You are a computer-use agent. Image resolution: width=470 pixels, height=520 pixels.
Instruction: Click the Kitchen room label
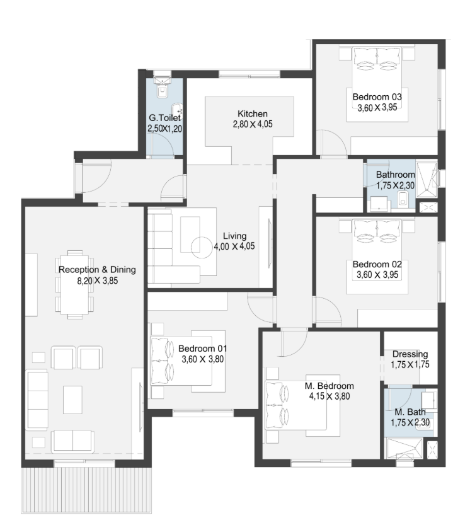click(x=253, y=113)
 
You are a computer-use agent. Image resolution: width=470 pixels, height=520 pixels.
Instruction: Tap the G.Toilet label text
click(x=164, y=118)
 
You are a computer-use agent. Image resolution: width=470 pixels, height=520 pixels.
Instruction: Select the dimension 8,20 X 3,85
click(x=98, y=281)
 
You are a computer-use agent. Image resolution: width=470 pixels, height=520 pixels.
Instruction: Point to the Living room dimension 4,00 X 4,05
click(x=234, y=246)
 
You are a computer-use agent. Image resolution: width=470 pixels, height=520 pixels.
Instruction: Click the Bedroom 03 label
click(x=377, y=97)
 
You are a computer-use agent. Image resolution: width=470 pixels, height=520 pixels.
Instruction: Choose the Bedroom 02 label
click(x=377, y=264)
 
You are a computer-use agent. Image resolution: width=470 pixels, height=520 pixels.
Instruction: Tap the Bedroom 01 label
click(x=202, y=349)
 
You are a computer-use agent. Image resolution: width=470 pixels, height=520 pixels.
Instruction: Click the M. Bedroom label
click(x=329, y=386)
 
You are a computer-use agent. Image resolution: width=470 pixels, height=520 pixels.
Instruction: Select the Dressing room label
click(x=410, y=354)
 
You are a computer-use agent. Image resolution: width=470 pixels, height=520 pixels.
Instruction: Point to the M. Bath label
click(x=410, y=412)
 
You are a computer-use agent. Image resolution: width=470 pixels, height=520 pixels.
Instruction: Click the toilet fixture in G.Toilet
click(x=162, y=88)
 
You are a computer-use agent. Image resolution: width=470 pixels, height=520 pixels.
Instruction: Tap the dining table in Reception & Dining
click(x=74, y=284)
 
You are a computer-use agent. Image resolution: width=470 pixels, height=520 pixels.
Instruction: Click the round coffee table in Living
click(x=202, y=248)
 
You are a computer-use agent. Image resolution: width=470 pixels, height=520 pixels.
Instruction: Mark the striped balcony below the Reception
click(x=86, y=490)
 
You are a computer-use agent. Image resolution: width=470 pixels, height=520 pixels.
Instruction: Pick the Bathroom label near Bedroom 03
click(x=396, y=175)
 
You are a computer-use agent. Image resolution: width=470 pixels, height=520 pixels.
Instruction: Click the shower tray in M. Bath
click(x=404, y=448)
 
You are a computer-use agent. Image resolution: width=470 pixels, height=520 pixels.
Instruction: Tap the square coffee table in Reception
click(x=72, y=400)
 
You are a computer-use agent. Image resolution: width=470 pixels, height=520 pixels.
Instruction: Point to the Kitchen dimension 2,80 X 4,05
click(x=253, y=124)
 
